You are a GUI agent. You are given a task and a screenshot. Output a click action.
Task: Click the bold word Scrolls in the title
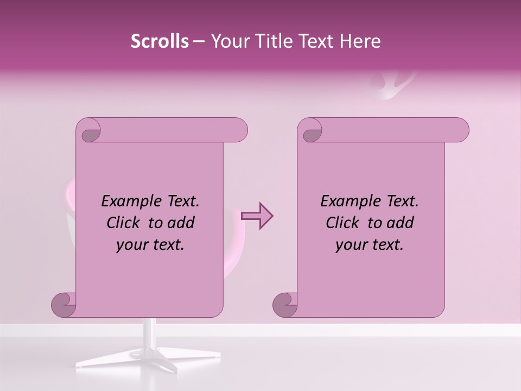pyautogui.click(x=160, y=41)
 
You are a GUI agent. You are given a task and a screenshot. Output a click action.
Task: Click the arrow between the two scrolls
pyautogui.click(x=257, y=216)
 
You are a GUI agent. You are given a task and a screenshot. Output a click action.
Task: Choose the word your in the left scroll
pyautogui.click(x=132, y=245)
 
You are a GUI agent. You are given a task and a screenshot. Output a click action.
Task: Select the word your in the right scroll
pyautogui.click(x=351, y=245)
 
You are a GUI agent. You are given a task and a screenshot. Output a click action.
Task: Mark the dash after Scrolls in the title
pyautogui.click(x=199, y=41)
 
